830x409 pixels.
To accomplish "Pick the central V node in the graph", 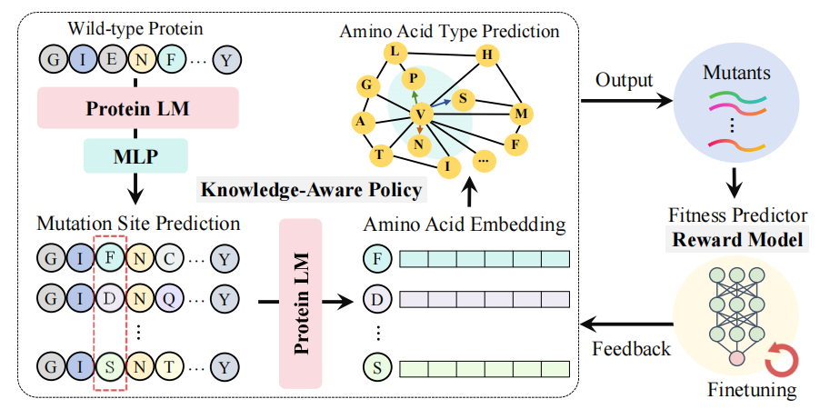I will coord(420,113).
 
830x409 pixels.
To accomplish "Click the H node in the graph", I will coord(486,55).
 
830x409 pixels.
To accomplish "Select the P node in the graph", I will coord(413,79).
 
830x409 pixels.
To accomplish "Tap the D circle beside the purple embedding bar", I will coord(375,299).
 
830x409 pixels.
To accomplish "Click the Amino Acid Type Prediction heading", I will coord(449,31).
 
